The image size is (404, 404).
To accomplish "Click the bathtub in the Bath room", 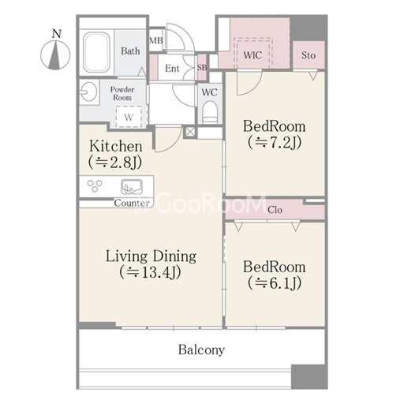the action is tap(96, 52).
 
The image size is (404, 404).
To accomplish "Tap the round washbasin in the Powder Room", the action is tap(88, 92).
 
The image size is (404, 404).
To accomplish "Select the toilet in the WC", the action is tap(210, 113).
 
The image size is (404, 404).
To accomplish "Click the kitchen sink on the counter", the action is tap(132, 186).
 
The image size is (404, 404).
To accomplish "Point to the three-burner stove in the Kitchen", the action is tap(95, 185).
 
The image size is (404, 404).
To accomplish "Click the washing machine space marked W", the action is tap(129, 117).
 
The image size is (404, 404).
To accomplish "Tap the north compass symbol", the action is tap(55, 52).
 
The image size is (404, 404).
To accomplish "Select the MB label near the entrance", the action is tap(156, 40).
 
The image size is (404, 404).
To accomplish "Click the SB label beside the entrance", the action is tap(202, 68).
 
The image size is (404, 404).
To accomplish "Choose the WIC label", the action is tap(252, 55).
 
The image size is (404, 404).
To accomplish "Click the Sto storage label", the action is tap(309, 55).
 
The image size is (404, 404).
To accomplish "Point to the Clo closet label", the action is tap(275, 210).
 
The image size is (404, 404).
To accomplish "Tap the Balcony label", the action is tap(201, 350).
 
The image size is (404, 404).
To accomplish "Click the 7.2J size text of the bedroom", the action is tap(275, 143).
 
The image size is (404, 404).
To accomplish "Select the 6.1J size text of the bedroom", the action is tap(275, 283).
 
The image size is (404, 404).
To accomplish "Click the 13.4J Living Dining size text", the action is tap(151, 272).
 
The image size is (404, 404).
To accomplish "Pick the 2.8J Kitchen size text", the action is tap(115, 163).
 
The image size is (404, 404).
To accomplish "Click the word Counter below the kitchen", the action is tap(132, 203).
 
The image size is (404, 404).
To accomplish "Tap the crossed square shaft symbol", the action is tap(190, 132).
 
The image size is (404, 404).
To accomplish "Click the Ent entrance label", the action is tap(172, 69).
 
